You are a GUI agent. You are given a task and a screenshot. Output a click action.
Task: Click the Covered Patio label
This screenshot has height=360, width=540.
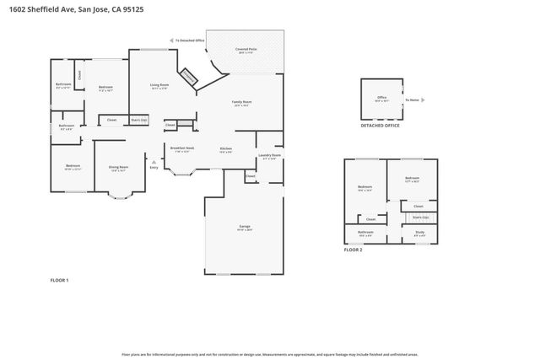[247, 51]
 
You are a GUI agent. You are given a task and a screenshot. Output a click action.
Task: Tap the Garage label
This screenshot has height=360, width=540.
[244, 227]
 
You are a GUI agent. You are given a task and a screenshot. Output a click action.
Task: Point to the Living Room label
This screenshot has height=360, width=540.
[159, 85]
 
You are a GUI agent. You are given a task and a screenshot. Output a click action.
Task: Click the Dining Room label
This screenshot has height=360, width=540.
[118, 168]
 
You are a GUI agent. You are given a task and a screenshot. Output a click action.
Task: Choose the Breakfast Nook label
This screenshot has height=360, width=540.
[182, 149]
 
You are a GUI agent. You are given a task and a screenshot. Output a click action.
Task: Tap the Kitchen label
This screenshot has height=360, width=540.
[225, 149]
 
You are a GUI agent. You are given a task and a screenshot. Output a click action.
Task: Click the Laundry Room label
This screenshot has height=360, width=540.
[269, 156]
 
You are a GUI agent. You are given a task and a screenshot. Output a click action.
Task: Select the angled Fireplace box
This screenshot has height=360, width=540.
[189, 78]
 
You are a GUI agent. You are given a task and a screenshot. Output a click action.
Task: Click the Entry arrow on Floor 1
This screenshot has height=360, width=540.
[154, 163]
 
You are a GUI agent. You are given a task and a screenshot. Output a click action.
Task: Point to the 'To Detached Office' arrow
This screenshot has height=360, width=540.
[171, 40]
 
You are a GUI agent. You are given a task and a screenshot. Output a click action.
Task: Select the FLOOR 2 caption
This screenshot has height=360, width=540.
[353, 250]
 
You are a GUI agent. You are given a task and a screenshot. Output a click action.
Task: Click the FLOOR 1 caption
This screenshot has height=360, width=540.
[60, 279]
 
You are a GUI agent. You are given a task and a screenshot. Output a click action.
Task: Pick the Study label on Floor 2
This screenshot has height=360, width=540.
[419, 233]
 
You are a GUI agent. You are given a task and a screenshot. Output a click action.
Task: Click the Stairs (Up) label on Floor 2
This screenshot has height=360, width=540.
[408, 217]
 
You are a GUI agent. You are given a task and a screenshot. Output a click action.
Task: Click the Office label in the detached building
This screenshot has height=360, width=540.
[381, 98]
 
